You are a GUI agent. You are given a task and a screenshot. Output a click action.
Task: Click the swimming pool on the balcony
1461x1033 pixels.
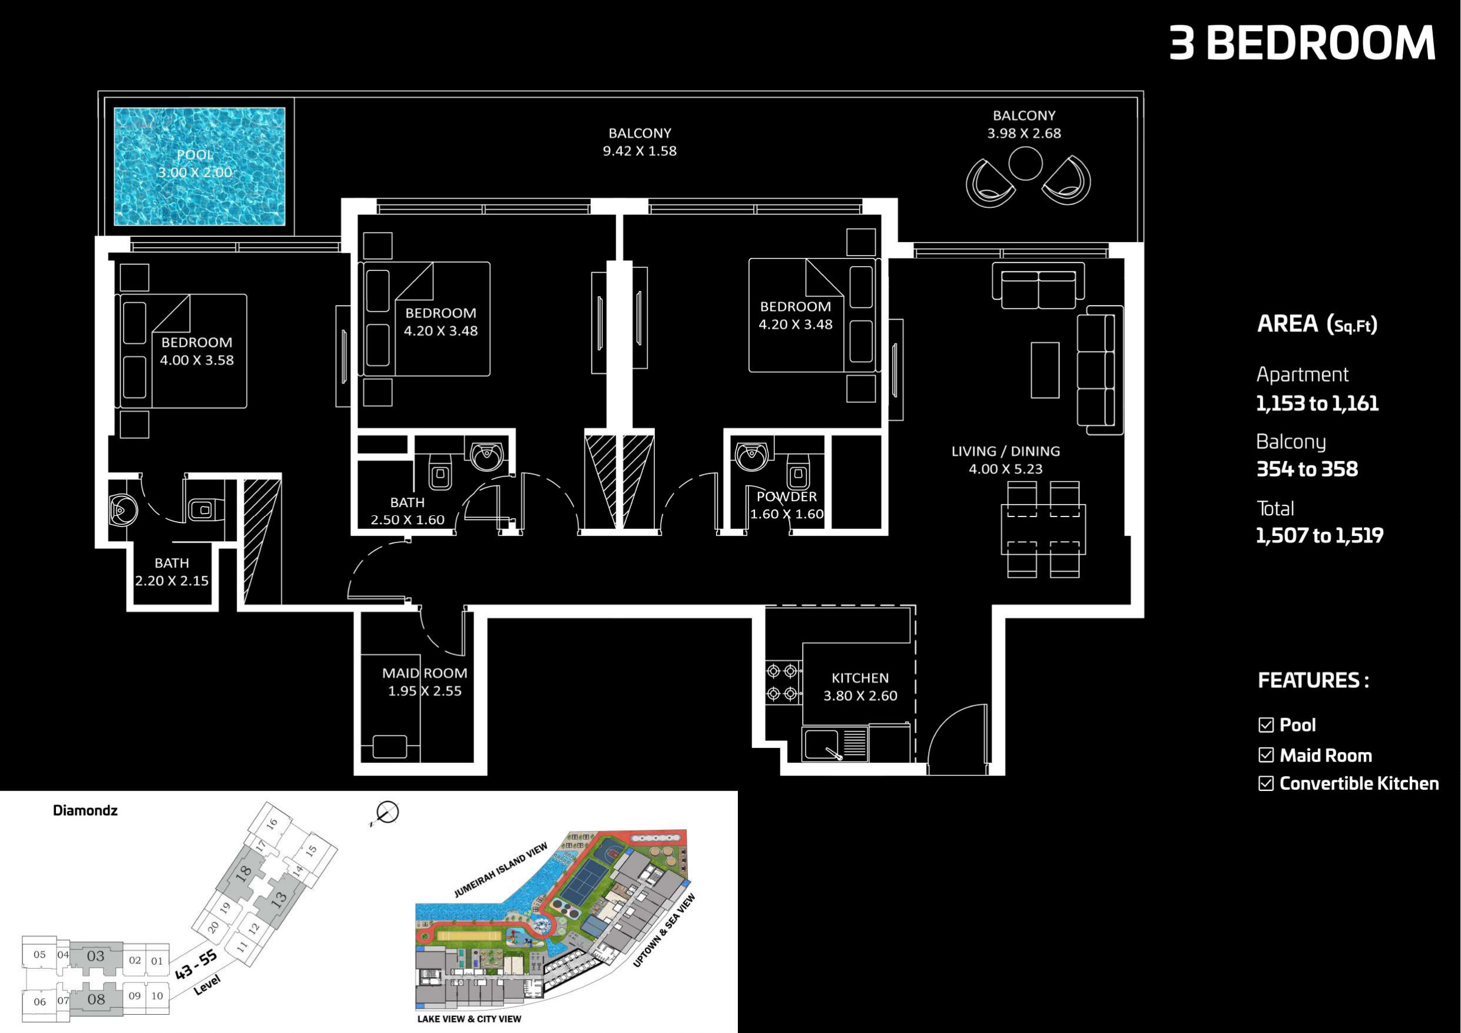pos(199,166)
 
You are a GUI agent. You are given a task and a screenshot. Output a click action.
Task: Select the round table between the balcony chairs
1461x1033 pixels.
pos(1025,164)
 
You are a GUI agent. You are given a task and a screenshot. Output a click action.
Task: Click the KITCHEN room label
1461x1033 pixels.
pos(860,678)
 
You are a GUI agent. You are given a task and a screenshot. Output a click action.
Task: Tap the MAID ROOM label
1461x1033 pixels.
pos(425,673)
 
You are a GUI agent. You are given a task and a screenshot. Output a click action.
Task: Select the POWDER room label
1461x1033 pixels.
pos(787,496)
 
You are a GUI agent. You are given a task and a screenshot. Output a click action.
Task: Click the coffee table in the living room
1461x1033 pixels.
pos(1045,370)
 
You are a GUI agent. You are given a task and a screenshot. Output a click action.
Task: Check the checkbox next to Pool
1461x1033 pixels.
pos(1265,725)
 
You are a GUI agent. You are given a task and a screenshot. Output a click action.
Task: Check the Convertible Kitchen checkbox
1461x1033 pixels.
pos(1265,783)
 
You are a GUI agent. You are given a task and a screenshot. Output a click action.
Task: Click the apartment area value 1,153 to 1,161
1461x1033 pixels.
pos(1317,403)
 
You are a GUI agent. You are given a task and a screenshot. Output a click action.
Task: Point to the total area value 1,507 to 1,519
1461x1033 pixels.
pos(1319,535)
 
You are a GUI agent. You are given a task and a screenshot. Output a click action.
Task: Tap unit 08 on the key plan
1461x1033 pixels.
pos(96,999)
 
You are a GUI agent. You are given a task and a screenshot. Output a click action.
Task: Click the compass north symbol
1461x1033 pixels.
pos(386,813)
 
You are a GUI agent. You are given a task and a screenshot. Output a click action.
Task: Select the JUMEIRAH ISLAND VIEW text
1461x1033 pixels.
pos(501,870)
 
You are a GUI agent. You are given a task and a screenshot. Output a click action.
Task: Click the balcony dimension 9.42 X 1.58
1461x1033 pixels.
pos(640,151)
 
